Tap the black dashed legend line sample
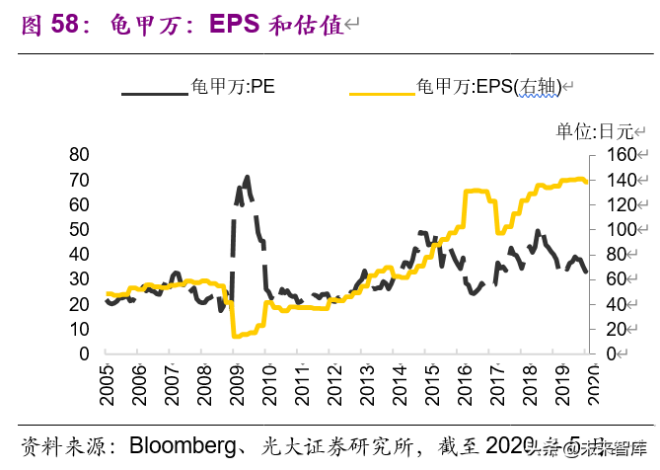coord(154,94)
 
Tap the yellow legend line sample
coord(381,94)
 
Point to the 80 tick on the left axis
coord(79,155)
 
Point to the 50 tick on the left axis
coord(79,229)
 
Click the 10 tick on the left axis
coord(79,329)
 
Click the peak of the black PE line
coord(246,178)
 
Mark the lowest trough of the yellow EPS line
coord(236,337)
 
